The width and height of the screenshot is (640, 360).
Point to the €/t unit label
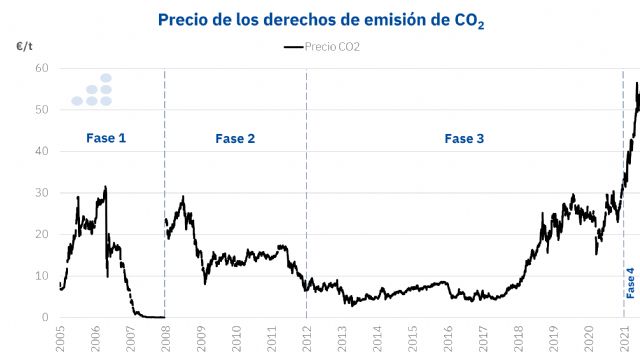click(x=23, y=46)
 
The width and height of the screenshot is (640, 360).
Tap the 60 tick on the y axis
click(x=41, y=68)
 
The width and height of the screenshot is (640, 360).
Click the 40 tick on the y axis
click(x=41, y=151)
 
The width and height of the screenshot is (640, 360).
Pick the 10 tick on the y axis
click(x=41, y=276)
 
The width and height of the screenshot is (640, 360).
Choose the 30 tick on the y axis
click(x=41, y=193)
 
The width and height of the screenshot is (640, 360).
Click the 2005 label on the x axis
click(x=60, y=337)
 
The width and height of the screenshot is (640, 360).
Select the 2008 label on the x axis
click(x=166, y=337)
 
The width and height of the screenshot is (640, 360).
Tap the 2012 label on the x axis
click(x=307, y=337)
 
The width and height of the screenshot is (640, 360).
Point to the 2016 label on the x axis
click(x=448, y=337)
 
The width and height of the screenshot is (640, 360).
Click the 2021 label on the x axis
click(x=624, y=337)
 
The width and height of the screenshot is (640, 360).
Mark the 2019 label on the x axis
click(x=554, y=337)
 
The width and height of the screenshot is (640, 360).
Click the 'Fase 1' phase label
click(x=105, y=138)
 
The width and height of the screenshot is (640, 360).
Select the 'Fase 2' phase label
click(x=235, y=138)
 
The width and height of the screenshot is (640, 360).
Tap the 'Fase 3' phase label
click(x=465, y=138)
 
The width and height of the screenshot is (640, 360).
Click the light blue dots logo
click(x=92, y=90)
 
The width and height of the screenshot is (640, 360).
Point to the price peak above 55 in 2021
click(x=637, y=84)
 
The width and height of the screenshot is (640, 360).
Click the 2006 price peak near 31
click(x=105, y=187)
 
